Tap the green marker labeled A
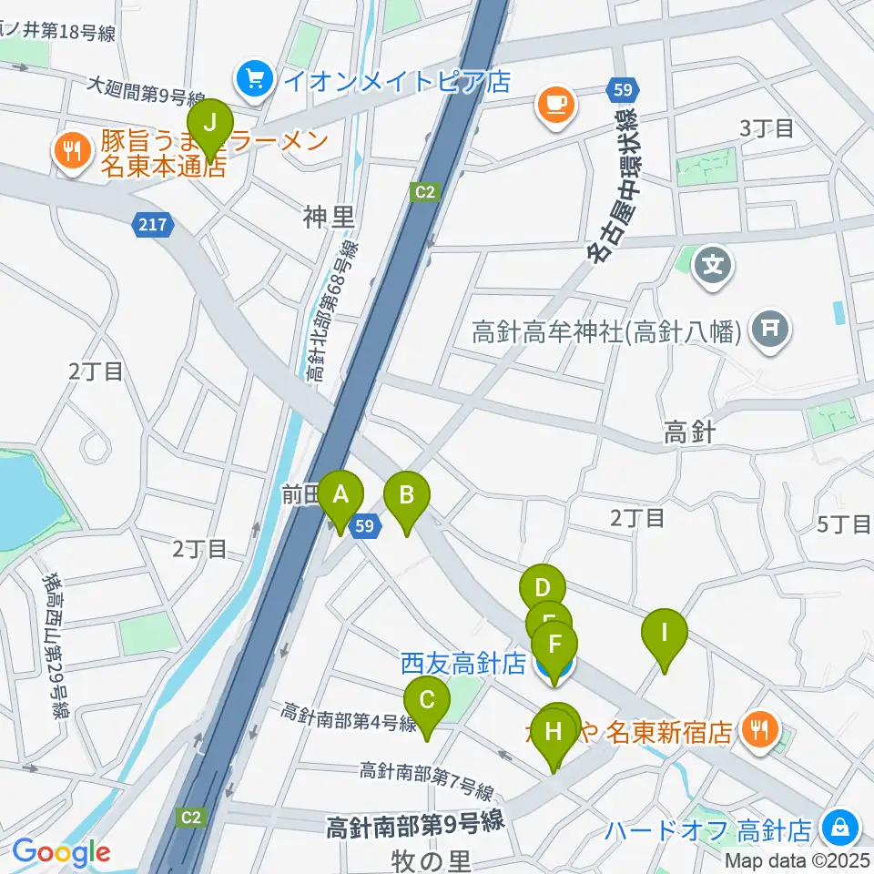341,497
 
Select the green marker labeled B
407,497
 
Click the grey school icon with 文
713,267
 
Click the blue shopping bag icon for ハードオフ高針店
837,828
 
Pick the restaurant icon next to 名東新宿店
758,729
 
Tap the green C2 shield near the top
425,192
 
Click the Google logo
61,853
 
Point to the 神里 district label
328,217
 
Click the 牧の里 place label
429,859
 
